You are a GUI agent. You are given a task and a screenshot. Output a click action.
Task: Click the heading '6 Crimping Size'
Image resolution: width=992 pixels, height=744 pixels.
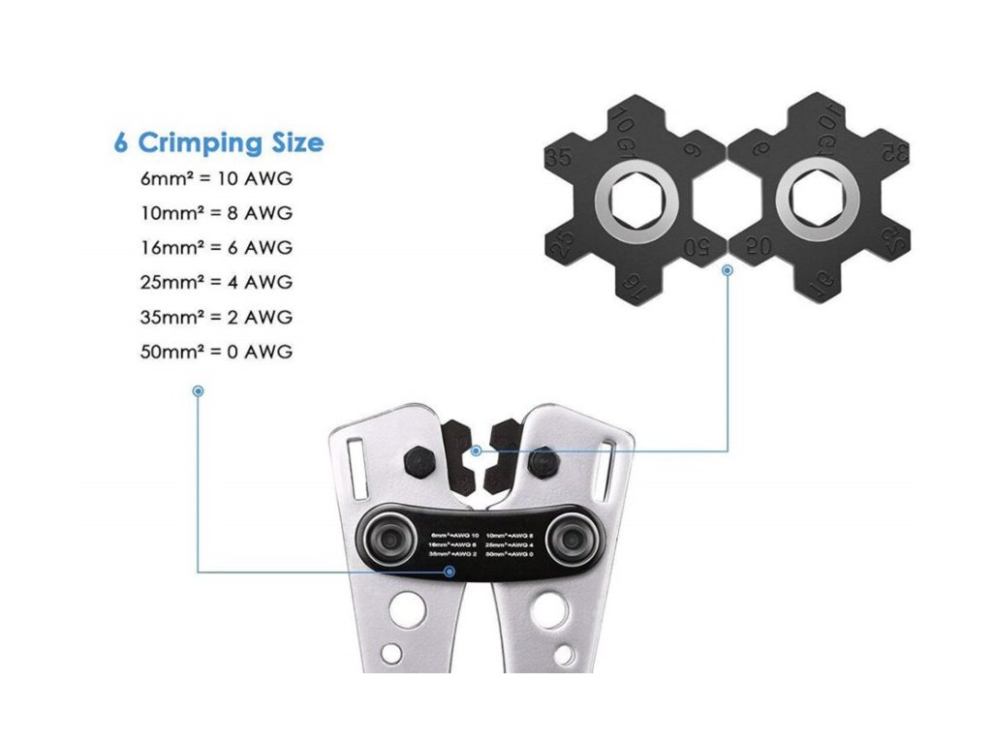[218, 143]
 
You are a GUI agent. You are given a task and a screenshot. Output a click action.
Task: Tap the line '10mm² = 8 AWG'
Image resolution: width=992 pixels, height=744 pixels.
[216, 212]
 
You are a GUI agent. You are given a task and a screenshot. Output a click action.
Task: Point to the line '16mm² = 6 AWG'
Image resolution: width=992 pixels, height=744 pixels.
[216, 247]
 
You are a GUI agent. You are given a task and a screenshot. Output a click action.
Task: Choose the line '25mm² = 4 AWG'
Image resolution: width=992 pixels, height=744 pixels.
[216, 282]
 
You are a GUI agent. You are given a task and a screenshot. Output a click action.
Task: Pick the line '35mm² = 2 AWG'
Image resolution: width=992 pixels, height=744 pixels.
[216, 317]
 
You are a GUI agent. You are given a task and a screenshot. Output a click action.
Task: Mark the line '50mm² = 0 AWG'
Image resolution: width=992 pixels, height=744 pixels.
[216, 352]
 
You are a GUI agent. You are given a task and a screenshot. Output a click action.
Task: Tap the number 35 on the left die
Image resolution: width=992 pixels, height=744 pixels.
[559, 158]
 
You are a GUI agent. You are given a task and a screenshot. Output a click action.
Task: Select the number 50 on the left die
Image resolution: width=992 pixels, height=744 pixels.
[697, 246]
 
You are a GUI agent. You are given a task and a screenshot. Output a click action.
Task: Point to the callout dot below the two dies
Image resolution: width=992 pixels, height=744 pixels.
[727, 270]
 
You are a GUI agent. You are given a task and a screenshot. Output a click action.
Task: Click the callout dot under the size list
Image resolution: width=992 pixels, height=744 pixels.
[198, 391]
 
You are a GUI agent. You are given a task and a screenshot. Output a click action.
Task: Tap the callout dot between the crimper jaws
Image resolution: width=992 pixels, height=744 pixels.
[476, 450]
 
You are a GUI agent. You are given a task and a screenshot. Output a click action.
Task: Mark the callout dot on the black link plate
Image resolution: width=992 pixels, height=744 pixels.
[449, 571]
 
